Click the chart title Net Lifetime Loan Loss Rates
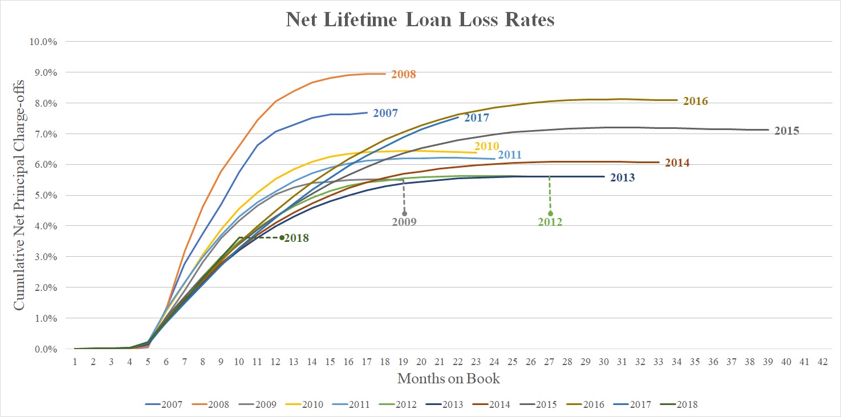click(x=420, y=20)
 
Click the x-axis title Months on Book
click(x=449, y=378)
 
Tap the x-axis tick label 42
click(x=822, y=361)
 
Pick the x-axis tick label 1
click(x=75, y=361)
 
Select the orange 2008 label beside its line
click(x=404, y=74)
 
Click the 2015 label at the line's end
click(x=787, y=131)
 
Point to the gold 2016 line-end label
click(x=696, y=102)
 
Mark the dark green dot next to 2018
click(x=282, y=238)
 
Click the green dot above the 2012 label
click(x=550, y=213)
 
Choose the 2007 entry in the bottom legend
click(x=164, y=405)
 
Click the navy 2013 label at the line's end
click(x=623, y=177)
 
